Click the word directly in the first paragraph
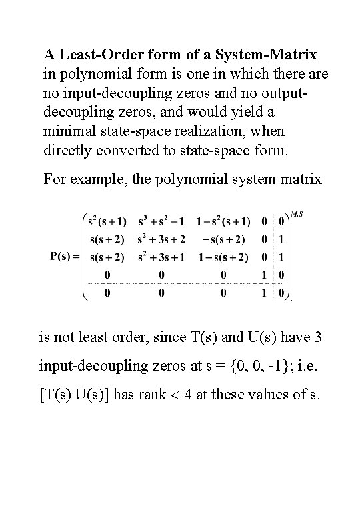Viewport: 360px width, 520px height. (75, 151)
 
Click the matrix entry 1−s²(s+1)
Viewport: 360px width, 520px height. (223, 221)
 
